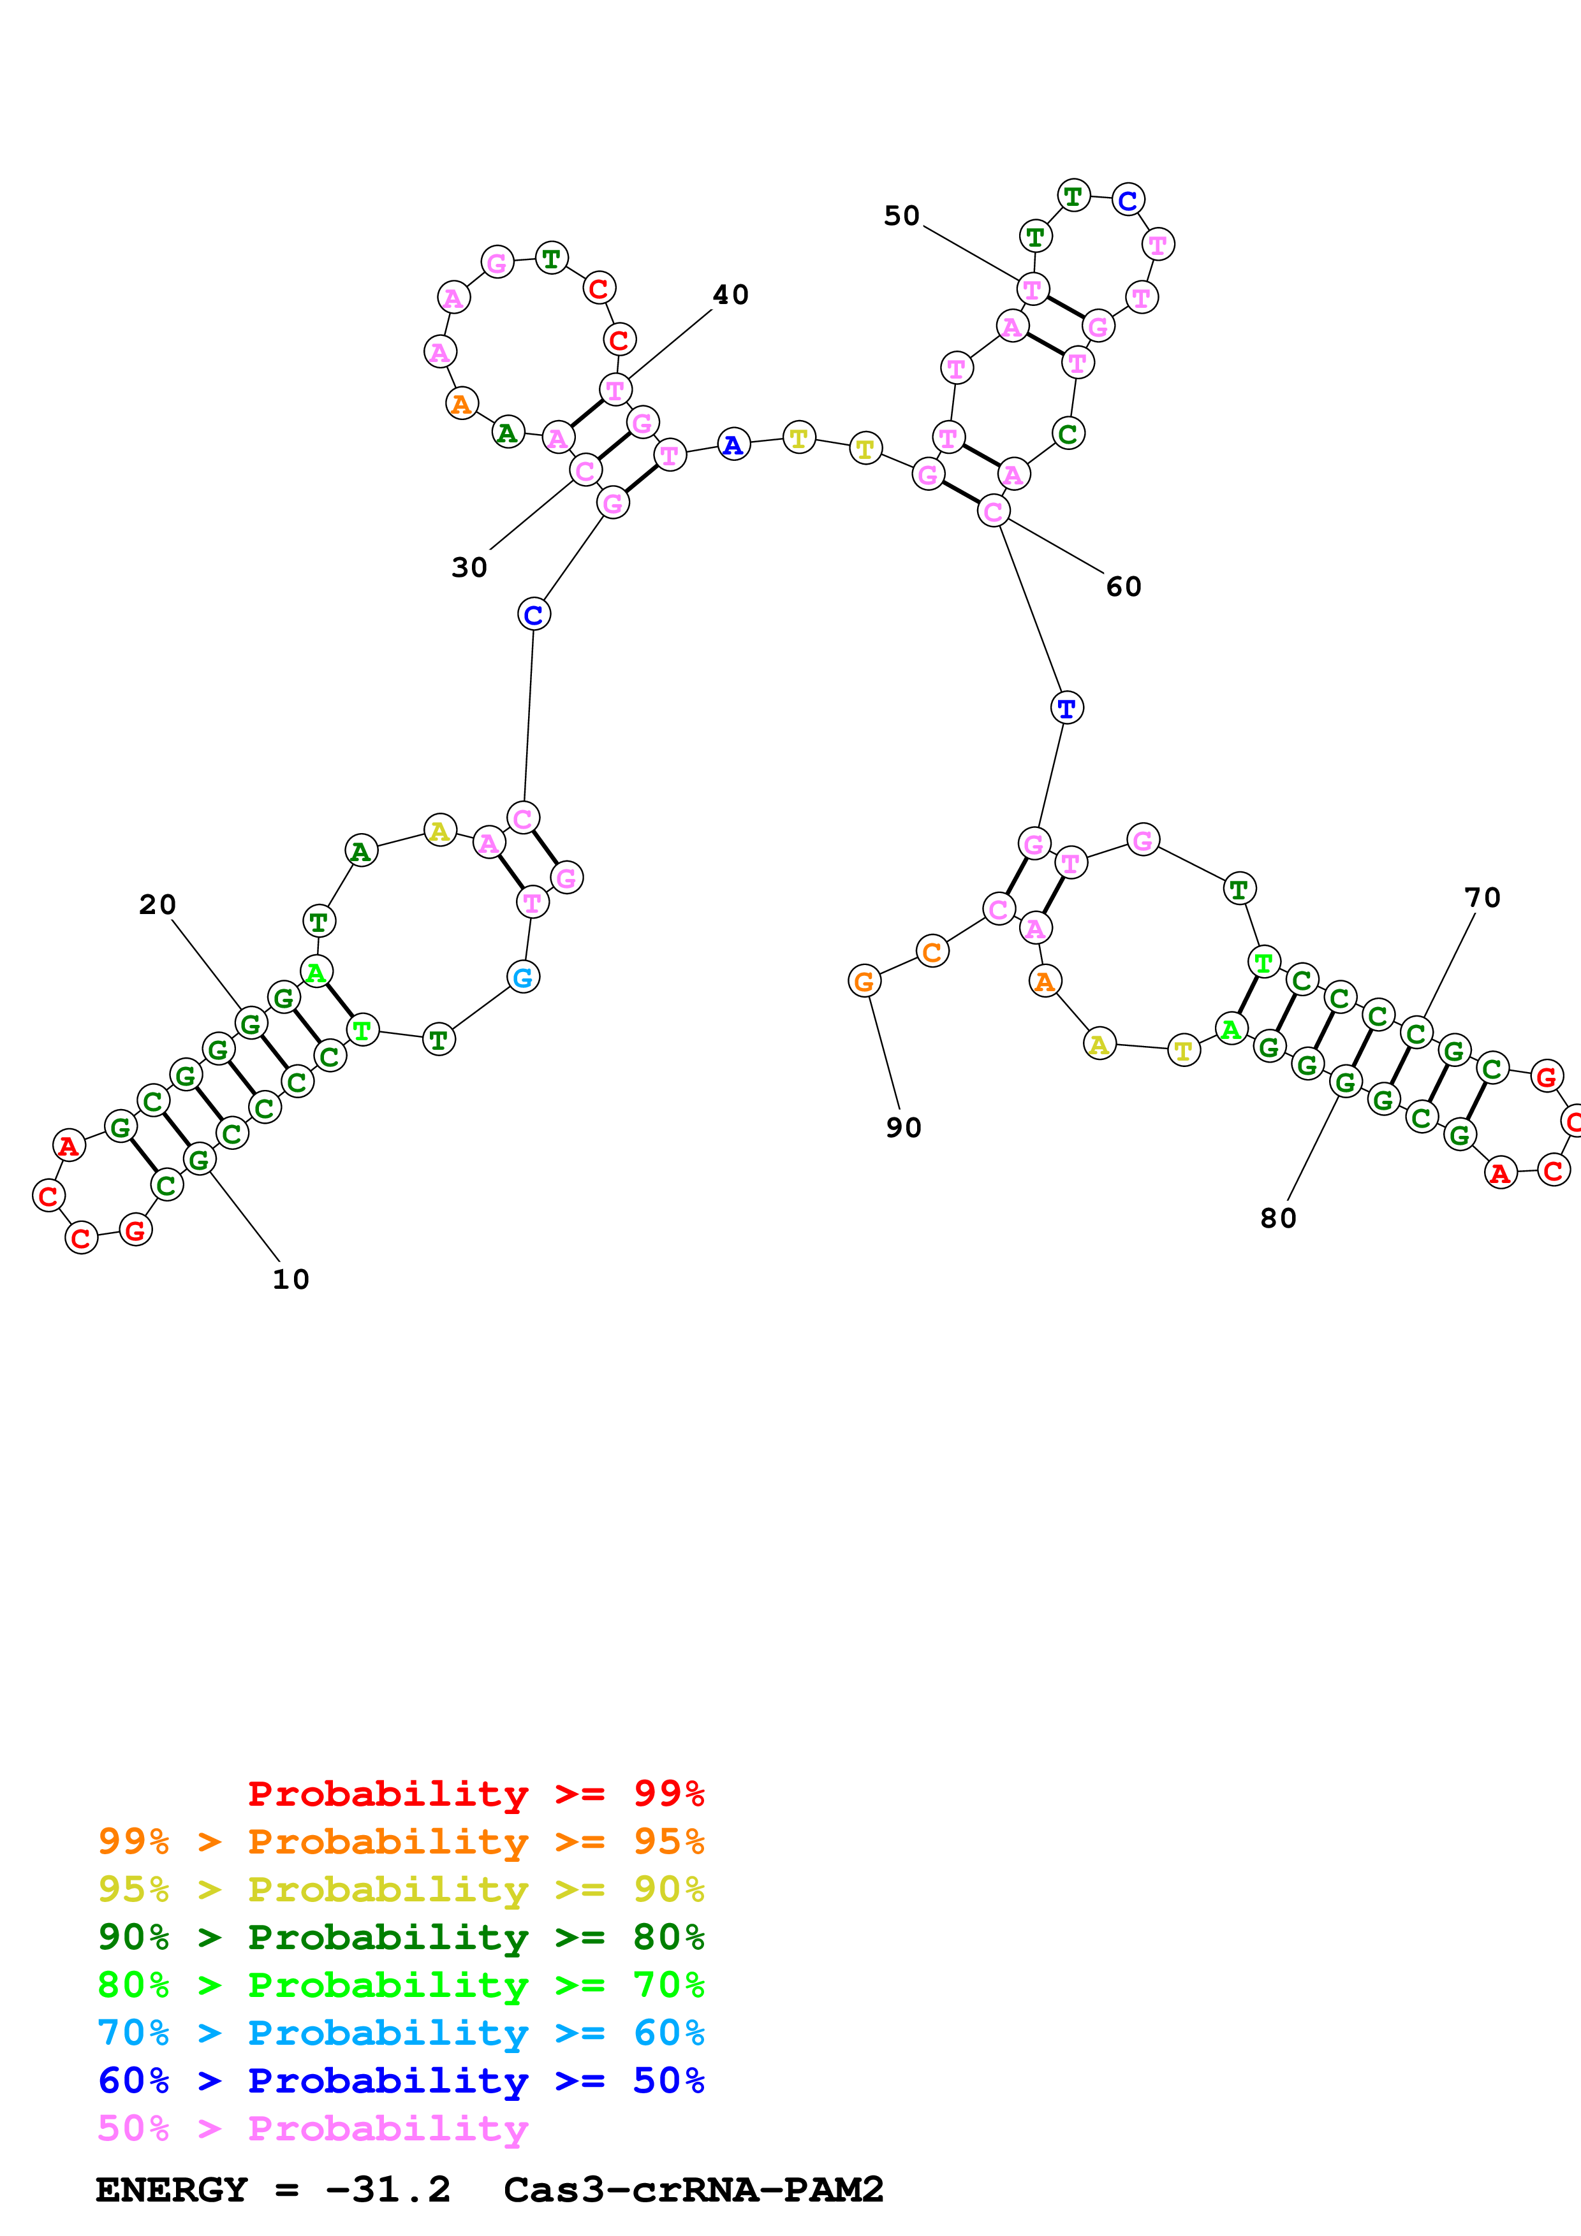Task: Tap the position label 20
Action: [x=157, y=904]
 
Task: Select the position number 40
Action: [x=731, y=295]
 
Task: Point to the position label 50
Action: [x=901, y=216]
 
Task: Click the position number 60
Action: [x=1123, y=586]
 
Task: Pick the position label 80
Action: [x=1278, y=1218]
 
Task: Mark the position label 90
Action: [x=903, y=1128]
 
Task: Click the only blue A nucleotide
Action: [x=733, y=445]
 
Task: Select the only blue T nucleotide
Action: [x=1067, y=708]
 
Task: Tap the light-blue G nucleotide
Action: [x=523, y=976]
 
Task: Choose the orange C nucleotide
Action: [x=932, y=952]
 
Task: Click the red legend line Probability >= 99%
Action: [x=475, y=1794]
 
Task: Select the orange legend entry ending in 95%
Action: [x=401, y=1841]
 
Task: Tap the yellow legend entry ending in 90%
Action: [x=401, y=1889]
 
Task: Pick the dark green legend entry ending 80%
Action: [x=401, y=1937]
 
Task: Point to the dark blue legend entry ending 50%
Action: [x=401, y=2080]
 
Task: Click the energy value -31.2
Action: [x=388, y=2190]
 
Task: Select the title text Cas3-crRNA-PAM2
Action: [x=693, y=2190]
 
